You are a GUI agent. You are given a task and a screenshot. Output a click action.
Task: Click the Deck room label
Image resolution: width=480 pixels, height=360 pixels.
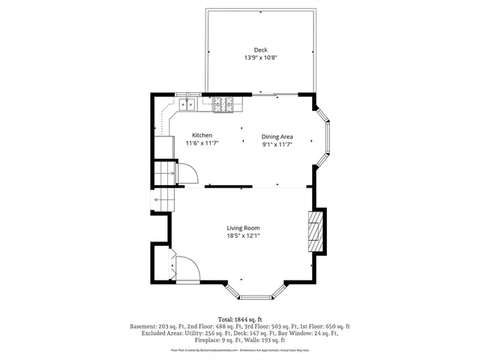260,50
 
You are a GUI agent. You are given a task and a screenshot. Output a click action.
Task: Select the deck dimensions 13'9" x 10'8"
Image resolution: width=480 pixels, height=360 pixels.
260,58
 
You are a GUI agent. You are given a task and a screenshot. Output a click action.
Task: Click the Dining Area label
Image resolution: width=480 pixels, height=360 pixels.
277,136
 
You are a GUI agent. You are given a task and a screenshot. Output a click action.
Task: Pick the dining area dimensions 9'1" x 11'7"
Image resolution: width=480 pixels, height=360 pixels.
277,144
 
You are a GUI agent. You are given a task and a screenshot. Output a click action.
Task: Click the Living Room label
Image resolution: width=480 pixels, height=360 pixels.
244,228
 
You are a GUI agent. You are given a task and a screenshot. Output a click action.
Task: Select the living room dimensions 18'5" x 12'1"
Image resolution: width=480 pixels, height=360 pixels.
244,235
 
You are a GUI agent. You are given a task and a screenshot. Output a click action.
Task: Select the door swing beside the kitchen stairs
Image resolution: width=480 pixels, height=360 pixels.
185,173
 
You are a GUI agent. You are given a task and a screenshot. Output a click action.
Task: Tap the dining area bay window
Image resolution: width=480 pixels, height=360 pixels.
324,136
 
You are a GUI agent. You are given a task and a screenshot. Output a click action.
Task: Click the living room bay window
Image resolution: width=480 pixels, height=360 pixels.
255,291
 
